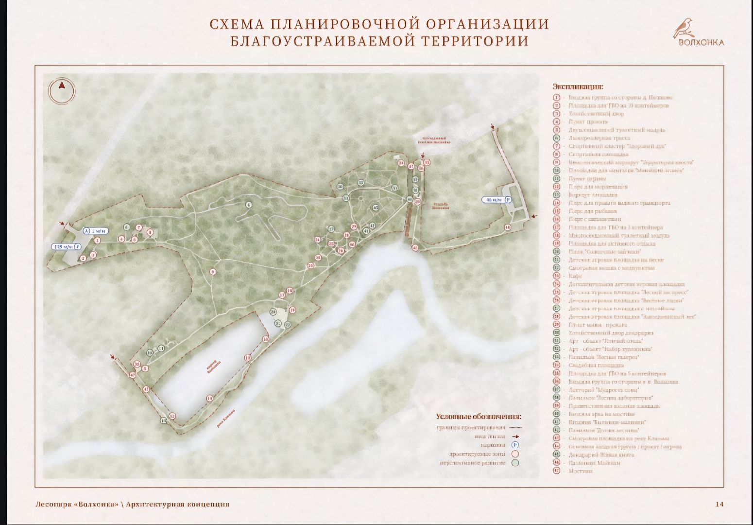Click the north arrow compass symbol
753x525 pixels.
[62, 90]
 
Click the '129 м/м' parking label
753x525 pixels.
[67, 246]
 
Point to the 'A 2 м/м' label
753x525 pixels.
[95, 230]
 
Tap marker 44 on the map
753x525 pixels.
[508, 227]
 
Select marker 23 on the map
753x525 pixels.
[310, 265]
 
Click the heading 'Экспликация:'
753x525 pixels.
[578, 87]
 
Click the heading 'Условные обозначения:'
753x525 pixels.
[479, 417]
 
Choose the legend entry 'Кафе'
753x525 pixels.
[575, 276]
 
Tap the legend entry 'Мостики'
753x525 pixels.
[580, 471]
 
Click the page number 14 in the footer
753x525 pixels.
[719, 504]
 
